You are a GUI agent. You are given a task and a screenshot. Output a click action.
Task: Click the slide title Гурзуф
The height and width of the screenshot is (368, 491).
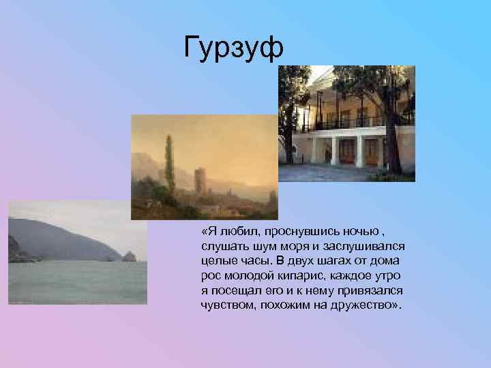[x=233, y=48]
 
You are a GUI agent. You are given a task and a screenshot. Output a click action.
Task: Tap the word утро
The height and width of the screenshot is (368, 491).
[x=387, y=276]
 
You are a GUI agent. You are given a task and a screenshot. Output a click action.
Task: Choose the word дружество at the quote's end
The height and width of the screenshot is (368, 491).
[x=361, y=305]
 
